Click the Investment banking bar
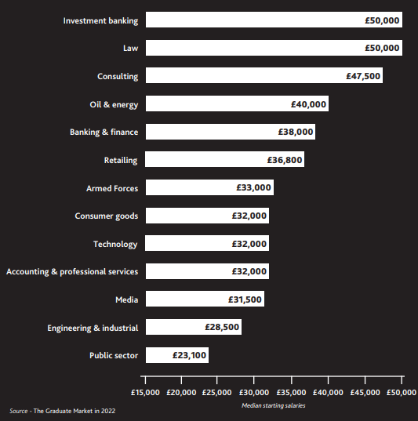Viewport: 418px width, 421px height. coord(274,20)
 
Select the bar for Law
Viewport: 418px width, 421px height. coord(274,48)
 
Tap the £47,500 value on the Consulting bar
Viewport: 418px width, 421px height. coord(363,76)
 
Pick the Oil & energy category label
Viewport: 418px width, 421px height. coord(114,104)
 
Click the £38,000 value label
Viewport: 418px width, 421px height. coord(296,132)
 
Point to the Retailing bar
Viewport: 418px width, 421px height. coord(224,159)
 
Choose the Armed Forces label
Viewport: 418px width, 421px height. coord(112,188)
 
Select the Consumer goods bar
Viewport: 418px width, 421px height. coord(207,216)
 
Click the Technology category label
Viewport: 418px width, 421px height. coord(115,244)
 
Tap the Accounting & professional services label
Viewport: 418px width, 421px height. coord(72,272)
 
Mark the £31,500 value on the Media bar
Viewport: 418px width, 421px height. coord(245,299)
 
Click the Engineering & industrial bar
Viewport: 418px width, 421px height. coord(194,327)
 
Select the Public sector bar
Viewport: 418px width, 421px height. coord(177,355)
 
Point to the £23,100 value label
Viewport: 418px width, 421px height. coord(189,355)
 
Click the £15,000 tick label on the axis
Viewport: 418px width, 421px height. coord(145,393)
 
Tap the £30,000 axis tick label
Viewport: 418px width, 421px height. coord(254,393)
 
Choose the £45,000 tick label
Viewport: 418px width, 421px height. coord(365,393)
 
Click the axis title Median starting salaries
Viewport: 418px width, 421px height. coord(274,405)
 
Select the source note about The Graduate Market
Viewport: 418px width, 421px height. coord(62,411)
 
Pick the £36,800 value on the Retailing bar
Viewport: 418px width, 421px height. coord(285,160)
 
